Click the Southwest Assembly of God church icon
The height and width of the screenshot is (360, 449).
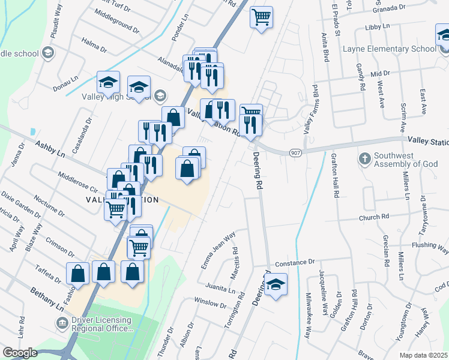[x=364, y=160]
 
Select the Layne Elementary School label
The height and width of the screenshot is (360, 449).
[x=389, y=49]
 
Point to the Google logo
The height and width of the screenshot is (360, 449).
[x=20, y=352]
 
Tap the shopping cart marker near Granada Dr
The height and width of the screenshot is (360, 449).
[x=262, y=17]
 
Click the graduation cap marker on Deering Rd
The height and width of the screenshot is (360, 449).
[x=276, y=284]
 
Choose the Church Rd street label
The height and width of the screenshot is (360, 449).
[x=375, y=217]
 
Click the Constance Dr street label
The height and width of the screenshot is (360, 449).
[x=295, y=263]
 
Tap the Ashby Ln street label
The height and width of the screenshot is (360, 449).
[x=50, y=149]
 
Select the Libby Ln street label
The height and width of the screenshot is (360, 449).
[x=378, y=28]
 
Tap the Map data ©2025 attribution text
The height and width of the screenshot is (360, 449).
[x=423, y=355]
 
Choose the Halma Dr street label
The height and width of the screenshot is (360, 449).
[x=94, y=46]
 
